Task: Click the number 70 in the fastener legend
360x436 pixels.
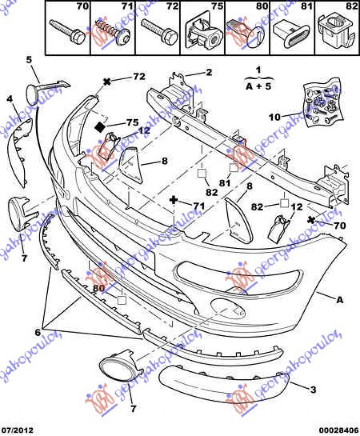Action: [82, 7]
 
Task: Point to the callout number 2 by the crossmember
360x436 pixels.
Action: [209, 72]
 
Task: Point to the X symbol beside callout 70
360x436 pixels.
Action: [311, 220]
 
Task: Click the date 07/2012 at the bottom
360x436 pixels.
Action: [18, 430]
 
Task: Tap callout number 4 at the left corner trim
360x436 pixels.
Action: [10, 99]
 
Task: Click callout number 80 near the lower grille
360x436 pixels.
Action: [99, 288]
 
